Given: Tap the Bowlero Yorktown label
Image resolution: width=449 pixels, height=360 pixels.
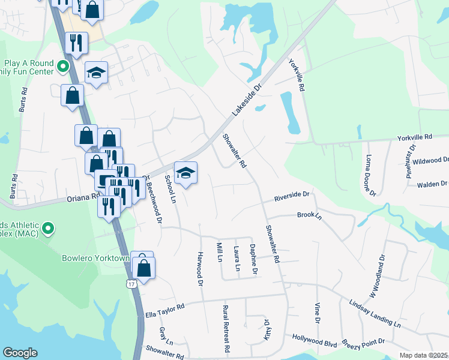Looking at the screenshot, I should tap(96, 259).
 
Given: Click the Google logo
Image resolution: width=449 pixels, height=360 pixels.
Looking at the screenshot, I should tap(20, 353).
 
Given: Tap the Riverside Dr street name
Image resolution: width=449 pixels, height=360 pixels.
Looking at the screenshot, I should tap(291, 195).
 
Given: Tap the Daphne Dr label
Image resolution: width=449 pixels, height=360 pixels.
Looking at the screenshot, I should tap(255, 260).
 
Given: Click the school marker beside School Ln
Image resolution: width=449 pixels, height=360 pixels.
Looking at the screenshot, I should tap(186, 173).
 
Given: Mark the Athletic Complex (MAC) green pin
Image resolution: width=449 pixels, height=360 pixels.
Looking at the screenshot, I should tap(49, 229).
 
